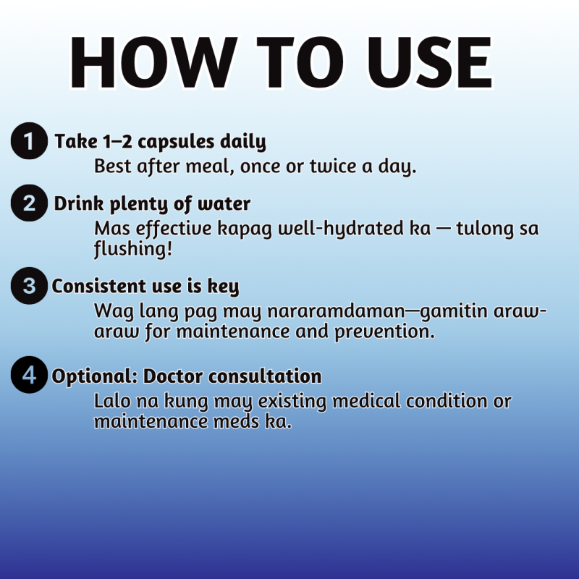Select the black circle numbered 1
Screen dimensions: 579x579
click(29, 141)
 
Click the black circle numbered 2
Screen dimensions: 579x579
click(29, 203)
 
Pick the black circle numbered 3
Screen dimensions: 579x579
click(29, 286)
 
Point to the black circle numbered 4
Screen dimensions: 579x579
click(29, 375)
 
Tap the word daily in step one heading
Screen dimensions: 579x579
click(243, 143)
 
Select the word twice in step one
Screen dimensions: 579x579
click(333, 166)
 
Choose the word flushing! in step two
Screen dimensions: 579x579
click(133, 249)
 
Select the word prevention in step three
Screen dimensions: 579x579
click(384, 332)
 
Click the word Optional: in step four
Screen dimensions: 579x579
click(95, 377)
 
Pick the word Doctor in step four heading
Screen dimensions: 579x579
click(173, 376)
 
